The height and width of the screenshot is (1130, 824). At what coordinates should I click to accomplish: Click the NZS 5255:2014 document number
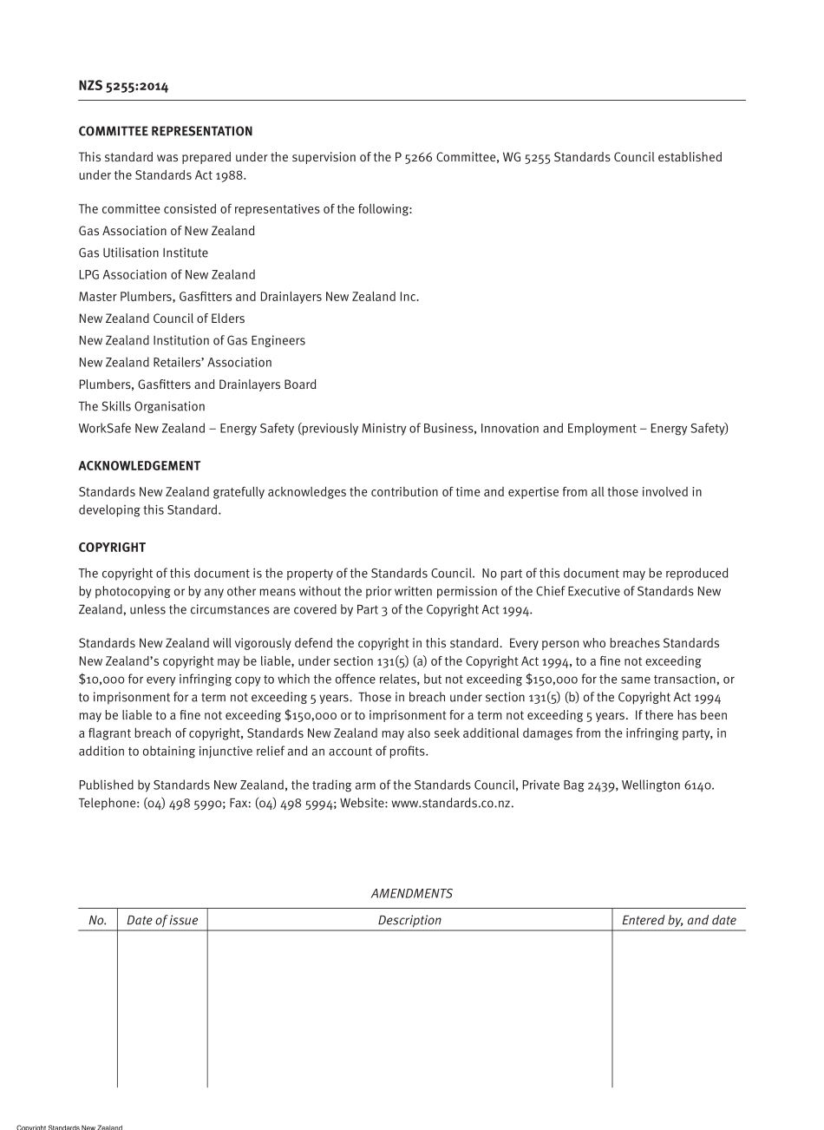pos(123,86)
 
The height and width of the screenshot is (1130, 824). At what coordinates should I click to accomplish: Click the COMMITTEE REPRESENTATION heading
pos(166,131)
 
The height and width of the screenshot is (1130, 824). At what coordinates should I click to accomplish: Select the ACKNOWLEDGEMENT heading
pos(140,466)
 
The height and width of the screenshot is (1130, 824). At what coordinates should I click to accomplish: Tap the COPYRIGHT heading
pos(112,548)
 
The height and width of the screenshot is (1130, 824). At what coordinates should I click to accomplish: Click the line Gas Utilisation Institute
pos(143,253)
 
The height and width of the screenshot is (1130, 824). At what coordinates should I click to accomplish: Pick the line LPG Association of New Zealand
pos(167,274)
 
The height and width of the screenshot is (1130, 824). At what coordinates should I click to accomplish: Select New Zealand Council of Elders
pos(161,319)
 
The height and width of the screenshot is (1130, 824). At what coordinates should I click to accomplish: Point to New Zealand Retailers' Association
pos(175,363)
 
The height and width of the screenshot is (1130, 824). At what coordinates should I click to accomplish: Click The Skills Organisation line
pos(141,406)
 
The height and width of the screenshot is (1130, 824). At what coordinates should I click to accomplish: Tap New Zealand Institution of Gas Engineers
pos(192,340)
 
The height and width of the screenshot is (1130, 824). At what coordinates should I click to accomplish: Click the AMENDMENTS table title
pos(411,893)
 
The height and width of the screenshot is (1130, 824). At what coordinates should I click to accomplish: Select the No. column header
pos(97,920)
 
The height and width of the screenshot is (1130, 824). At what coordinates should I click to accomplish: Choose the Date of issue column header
pos(162,920)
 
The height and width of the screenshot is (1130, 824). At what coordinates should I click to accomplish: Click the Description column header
pos(409,920)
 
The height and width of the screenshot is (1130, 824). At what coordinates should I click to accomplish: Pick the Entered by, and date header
pos(678,920)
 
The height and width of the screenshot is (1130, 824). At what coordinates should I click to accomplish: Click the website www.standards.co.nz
pos(452,803)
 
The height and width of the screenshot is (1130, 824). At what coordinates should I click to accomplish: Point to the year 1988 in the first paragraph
pos(231,175)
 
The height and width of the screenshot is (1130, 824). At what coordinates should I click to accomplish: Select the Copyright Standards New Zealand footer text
pos(69,1127)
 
